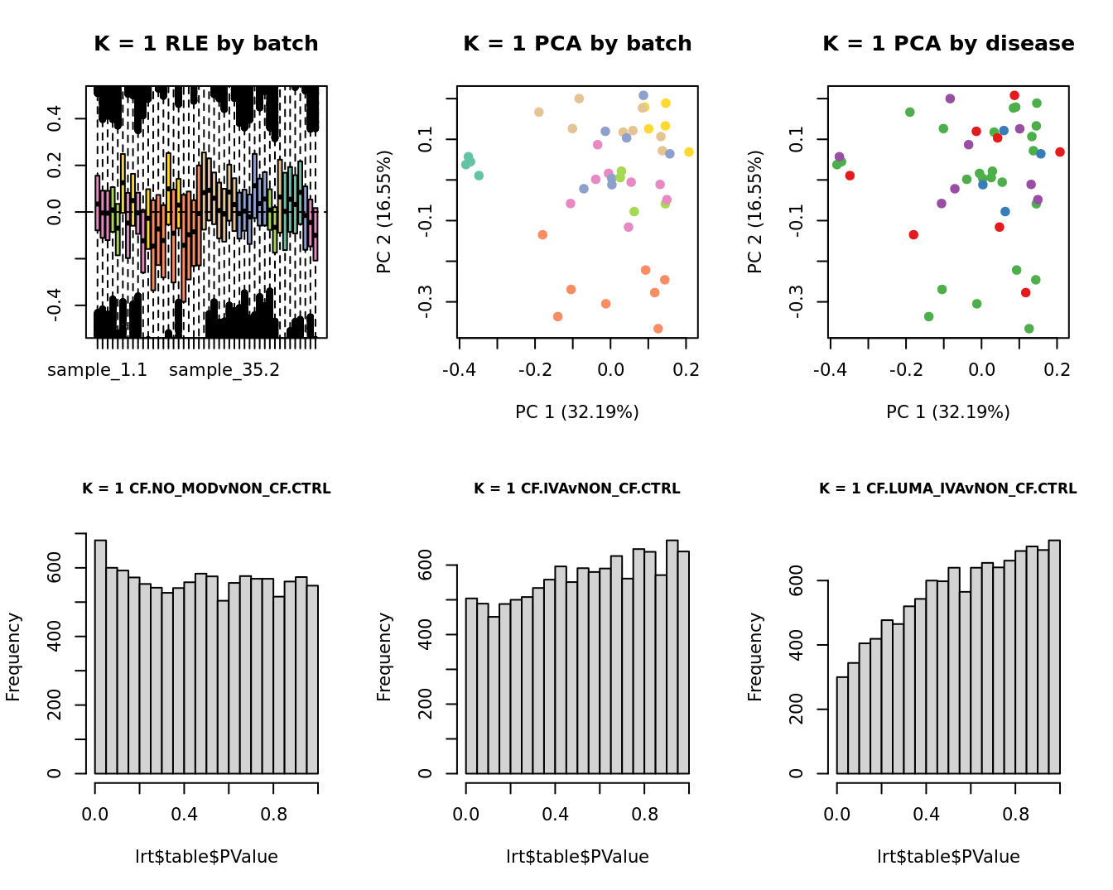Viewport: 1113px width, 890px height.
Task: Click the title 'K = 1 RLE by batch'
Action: (x=206, y=44)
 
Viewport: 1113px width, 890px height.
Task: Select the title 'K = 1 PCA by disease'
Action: (x=948, y=44)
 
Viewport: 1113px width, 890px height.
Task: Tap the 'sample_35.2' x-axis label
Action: (x=224, y=370)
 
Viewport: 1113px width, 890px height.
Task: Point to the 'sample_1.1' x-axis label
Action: (x=98, y=370)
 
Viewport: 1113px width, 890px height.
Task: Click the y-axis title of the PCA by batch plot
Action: (x=384, y=212)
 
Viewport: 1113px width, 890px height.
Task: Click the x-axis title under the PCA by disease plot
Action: (x=948, y=412)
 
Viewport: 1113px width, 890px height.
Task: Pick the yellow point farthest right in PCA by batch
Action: (x=689, y=152)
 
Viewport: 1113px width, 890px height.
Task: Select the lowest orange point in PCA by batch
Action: (x=658, y=329)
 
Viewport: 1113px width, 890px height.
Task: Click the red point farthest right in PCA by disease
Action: (x=1060, y=152)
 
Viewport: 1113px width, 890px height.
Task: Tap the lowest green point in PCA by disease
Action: (x=1029, y=329)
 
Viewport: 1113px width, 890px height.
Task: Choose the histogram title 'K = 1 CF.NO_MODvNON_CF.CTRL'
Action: (x=206, y=489)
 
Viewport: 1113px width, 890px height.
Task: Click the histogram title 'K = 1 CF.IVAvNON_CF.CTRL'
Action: (x=577, y=489)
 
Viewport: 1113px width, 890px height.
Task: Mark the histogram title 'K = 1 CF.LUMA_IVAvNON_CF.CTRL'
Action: (x=948, y=489)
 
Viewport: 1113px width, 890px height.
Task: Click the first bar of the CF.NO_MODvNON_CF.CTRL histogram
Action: (x=101, y=657)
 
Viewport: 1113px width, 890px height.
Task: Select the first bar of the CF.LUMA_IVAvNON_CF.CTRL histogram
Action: (x=843, y=725)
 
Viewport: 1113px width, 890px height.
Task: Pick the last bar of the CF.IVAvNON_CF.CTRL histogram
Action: (x=683, y=662)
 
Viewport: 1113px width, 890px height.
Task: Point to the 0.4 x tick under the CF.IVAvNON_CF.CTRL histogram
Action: (x=555, y=815)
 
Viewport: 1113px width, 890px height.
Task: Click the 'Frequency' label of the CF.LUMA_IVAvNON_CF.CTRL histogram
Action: (x=755, y=657)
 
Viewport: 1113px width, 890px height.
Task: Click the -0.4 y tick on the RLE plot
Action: (x=55, y=305)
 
